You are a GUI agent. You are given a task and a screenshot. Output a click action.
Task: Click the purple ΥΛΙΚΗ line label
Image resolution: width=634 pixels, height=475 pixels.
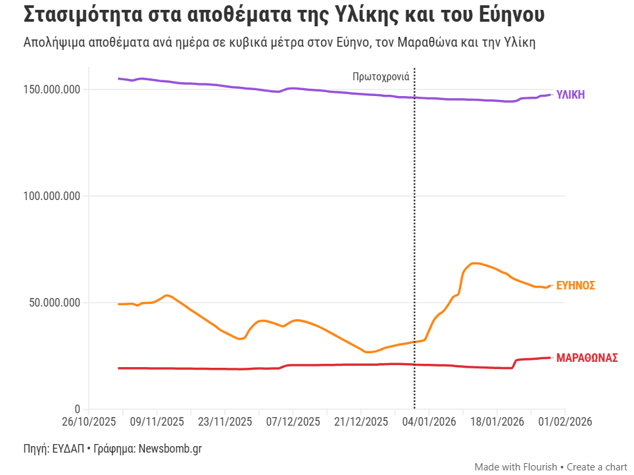point(570,95)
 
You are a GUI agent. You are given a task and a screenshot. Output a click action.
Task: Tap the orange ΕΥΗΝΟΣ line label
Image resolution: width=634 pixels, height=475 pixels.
point(575,286)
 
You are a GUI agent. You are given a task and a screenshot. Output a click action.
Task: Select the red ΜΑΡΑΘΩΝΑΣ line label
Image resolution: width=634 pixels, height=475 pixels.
point(587,358)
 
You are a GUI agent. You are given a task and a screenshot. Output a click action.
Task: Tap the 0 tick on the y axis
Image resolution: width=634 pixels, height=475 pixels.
point(77,409)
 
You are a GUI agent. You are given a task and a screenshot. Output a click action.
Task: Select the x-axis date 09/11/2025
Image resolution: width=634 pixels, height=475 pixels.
point(156,422)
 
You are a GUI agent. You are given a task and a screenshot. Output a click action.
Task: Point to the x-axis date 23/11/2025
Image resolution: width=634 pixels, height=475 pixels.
point(224,422)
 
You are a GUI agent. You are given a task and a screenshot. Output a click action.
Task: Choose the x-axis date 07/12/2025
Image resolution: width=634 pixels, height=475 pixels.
point(293,422)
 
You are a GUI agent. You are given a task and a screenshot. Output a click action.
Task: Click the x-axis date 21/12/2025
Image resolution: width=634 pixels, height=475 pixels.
point(361,422)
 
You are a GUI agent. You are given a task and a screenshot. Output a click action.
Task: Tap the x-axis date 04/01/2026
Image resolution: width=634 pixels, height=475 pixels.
point(429,422)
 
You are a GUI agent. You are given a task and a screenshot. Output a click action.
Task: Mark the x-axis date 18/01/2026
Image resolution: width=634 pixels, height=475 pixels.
point(497,422)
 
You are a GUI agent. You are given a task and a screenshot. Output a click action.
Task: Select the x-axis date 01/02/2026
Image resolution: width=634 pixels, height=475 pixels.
point(565,422)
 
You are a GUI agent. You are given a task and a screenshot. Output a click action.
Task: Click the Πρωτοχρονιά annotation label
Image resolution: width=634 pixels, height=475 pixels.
point(381,76)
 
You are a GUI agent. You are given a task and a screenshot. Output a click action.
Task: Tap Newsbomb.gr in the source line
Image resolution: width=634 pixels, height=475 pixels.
point(170,449)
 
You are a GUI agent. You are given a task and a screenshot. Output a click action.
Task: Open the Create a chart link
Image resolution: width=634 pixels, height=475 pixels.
point(597,466)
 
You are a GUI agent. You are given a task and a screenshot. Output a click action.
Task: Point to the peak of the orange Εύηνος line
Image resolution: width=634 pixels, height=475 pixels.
point(475,263)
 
